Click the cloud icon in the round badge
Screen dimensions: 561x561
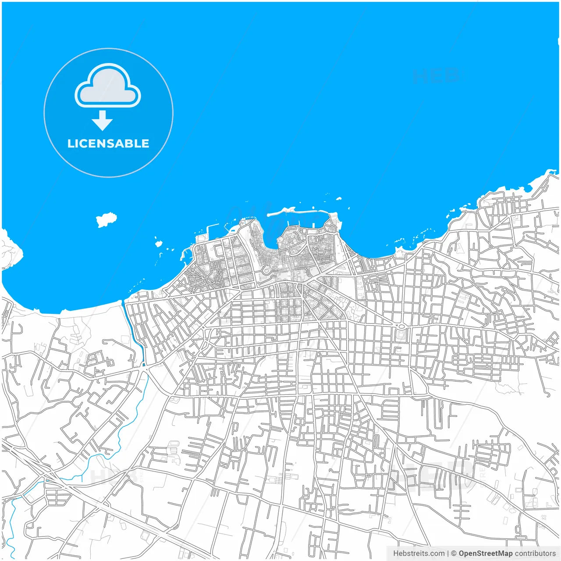point(108,86)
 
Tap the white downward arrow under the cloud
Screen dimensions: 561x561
point(102,121)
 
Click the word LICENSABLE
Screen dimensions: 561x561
point(108,144)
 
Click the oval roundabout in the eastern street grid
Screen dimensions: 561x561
point(401,327)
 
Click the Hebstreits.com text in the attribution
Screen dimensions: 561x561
point(418,554)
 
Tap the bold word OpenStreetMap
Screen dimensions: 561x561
point(485,554)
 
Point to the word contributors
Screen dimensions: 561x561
point(535,554)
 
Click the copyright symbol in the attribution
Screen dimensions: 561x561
point(454,554)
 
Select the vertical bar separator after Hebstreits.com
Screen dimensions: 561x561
point(447,554)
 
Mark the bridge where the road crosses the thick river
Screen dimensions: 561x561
point(144,365)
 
